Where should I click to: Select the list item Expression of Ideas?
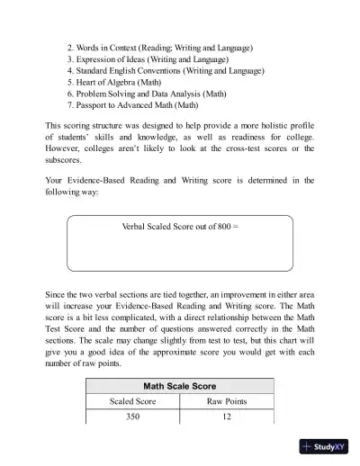[149, 58]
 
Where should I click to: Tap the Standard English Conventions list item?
[168, 69]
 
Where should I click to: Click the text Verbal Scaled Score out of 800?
[179, 228]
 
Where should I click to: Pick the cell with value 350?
[133, 417]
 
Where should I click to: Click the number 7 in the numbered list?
[69, 104]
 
